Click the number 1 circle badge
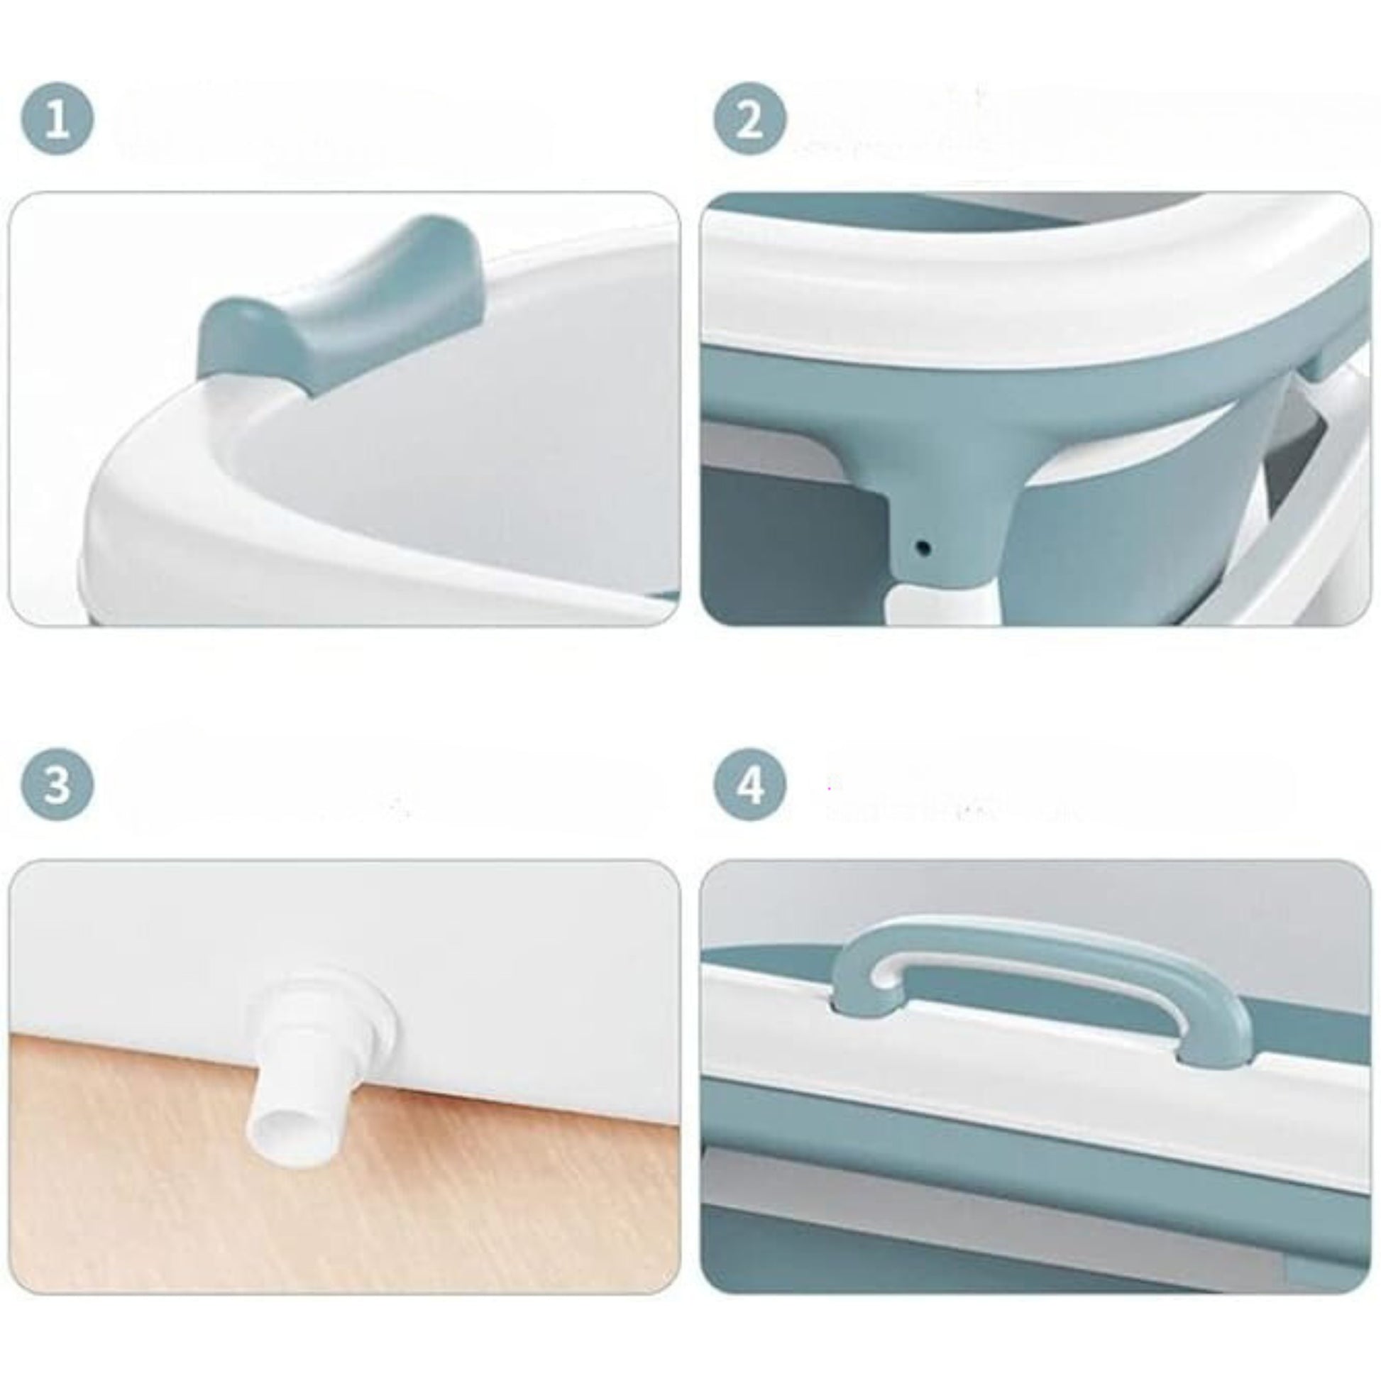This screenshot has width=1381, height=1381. coord(57,119)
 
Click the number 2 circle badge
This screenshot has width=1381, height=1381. coord(750,119)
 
